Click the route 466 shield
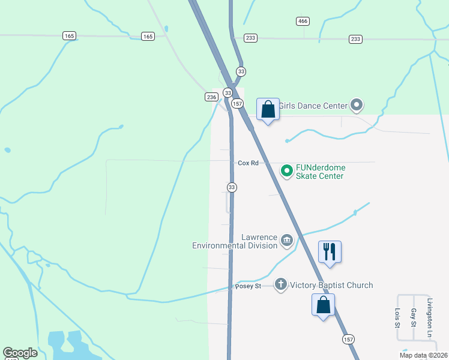pyautogui.click(x=303, y=21)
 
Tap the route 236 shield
pyautogui.click(x=211, y=97)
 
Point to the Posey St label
pyautogui.click(x=248, y=286)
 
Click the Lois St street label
pyautogui.click(x=397, y=317)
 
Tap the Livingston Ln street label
pyautogui.click(x=430, y=317)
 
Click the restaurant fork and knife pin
pyautogui.click(x=329, y=251)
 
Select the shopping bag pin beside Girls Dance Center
pyautogui.click(x=268, y=109)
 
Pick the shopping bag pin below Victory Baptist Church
pyautogui.click(x=324, y=305)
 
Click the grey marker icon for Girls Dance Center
pyautogui.click(x=357, y=106)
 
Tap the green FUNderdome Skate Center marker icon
pyautogui.click(x=287, y=172)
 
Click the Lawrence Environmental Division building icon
pyautogui.click(x=287, y=241)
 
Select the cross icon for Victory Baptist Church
pyautogui.click(x=281, y=284)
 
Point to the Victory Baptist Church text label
pyautogui.click(x=331, y=286)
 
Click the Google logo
pyautogui.click(x=20, y=353)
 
